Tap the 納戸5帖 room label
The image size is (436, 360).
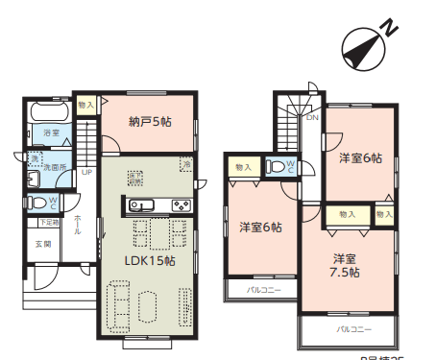point(150,122)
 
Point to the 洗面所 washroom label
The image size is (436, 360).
point(54,167)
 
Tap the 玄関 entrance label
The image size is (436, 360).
point(43,245)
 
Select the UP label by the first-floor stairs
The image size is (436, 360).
point(86,173)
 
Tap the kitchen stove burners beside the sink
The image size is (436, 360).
point(181,204)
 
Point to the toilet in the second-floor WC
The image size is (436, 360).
point(280,167)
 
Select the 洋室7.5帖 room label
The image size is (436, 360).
point(346,265)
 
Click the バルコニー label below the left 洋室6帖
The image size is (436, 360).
point(262,288)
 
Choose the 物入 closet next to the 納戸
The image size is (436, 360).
point(86,104)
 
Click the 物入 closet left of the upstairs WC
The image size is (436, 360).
point(243,167)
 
